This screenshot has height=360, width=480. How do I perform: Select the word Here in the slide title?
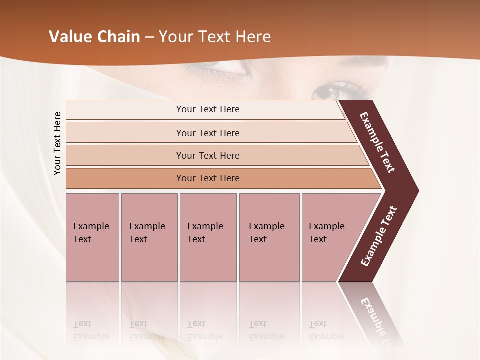coord(253,37)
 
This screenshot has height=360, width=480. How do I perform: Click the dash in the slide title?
coord(149,37)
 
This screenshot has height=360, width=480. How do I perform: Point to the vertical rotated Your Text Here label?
coord(57,143)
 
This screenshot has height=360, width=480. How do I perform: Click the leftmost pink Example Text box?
coord(92,237)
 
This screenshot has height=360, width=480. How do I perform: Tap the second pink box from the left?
coord(149,237)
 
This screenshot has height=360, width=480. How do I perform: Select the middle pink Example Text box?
coord(208,237)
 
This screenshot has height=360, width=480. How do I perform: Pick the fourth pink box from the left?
coord(269,237)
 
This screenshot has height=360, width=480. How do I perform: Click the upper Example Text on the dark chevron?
coord(377,142)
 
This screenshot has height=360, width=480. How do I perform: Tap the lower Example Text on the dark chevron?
coord(379,236)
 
